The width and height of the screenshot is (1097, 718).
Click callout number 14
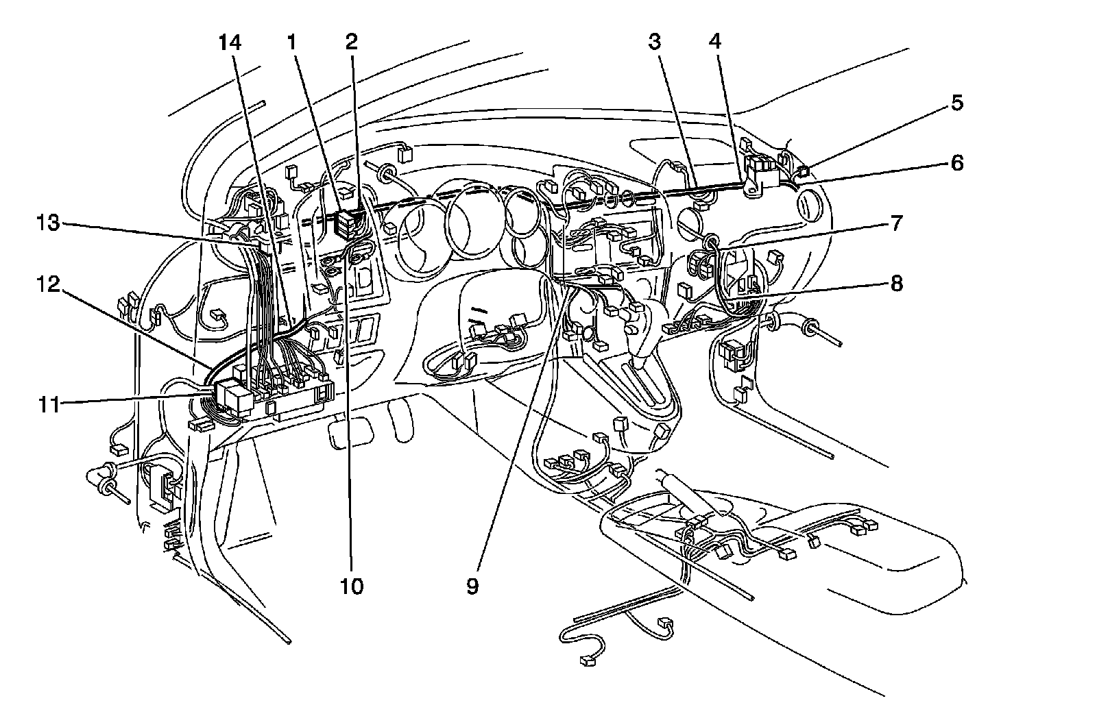tap(230, 42)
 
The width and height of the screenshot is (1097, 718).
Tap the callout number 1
tap(292, 42)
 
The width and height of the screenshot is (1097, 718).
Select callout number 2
tap(351, 42)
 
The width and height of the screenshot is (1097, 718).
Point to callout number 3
tap(654, 42)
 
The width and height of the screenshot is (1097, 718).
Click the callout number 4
tap(715, 42)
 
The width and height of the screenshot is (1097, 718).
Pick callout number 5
tap(957, 103)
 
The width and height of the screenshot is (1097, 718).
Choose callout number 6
tap(957, 163)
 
